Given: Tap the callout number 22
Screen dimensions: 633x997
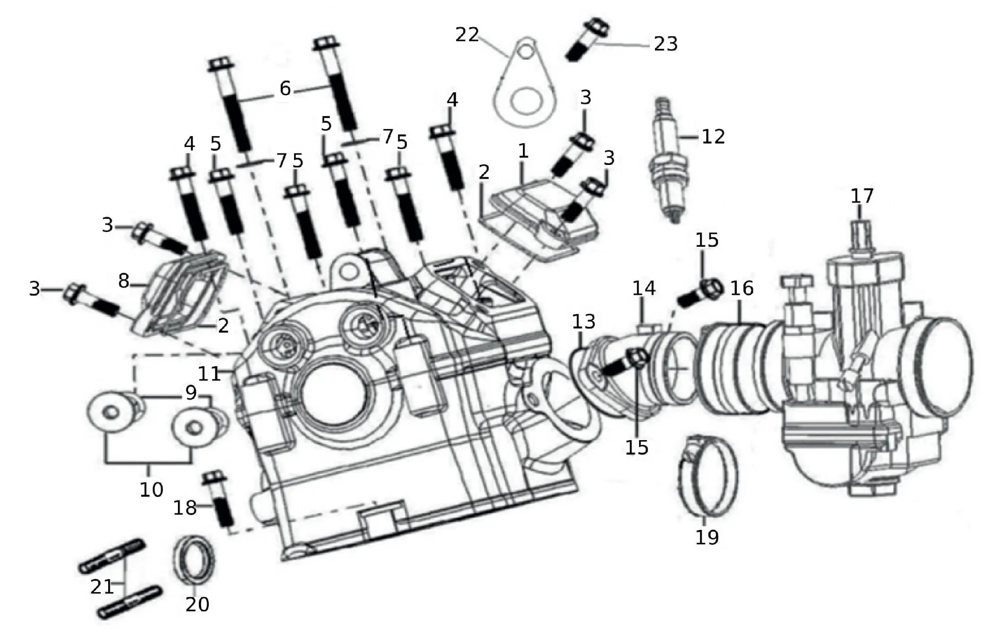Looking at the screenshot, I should point(467,35).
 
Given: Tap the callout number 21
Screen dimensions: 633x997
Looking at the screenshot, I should point(102,587).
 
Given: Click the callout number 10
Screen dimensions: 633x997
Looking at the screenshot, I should point(151,489).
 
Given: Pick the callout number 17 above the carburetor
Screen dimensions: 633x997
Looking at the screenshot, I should point(862,196).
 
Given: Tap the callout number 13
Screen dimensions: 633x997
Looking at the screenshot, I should point(583,321).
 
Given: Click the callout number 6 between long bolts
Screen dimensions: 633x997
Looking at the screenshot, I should point(285,88).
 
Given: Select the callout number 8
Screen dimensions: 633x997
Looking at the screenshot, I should point(124,281).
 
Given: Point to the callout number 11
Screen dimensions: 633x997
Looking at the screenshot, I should point(209,374).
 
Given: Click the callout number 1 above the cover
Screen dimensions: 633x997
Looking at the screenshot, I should point(522,151).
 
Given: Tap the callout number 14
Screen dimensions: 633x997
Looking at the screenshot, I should point(644,288).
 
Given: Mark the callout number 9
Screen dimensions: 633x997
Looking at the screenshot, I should point(191,393).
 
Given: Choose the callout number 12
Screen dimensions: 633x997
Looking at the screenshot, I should point(713,136).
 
